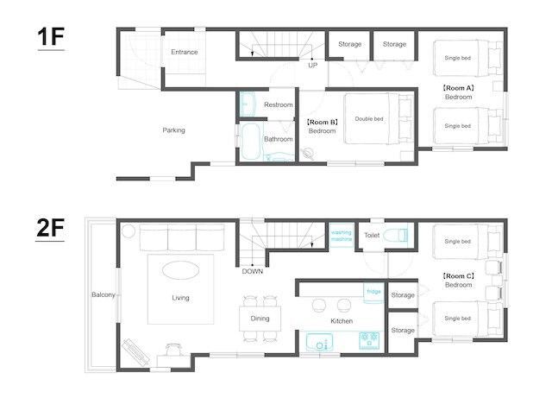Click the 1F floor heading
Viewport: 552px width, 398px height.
51,37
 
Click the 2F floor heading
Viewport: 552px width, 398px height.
50,228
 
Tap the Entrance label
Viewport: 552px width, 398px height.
184,52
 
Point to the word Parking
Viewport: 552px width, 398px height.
173,130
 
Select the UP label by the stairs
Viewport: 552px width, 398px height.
312,66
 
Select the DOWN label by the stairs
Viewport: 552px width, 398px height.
253,271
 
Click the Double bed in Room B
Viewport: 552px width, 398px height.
379,118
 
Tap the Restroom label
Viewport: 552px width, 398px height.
278,104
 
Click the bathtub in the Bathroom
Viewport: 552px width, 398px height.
251,141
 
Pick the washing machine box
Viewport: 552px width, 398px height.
342,236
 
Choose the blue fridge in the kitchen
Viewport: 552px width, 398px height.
373,294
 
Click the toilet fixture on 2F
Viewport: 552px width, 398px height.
396,235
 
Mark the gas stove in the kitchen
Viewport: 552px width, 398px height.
369,340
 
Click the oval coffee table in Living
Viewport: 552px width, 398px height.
180,270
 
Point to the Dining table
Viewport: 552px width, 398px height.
260,319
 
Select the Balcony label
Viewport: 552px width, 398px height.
103,294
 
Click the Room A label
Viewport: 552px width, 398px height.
458,88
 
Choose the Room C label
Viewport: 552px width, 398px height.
458,276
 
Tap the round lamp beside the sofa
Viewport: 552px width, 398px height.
129,231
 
